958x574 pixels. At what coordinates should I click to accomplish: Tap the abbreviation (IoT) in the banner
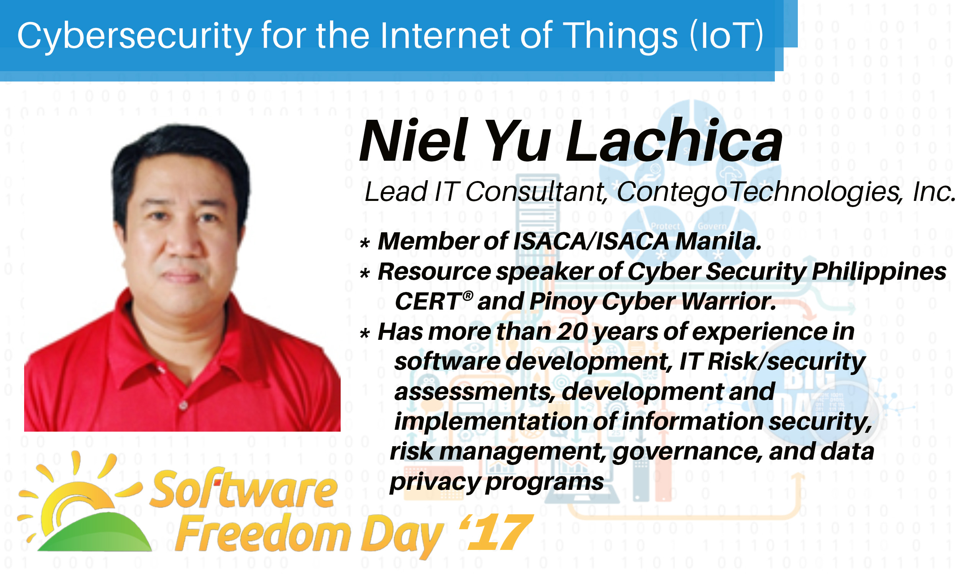[727, 35]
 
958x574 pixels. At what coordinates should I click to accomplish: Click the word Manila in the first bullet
[718, 241]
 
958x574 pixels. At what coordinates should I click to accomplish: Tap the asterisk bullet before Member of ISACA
[364, 243]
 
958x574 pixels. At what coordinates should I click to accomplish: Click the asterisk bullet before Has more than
[364, 333]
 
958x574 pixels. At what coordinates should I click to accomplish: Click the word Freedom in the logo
[263, 534]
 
